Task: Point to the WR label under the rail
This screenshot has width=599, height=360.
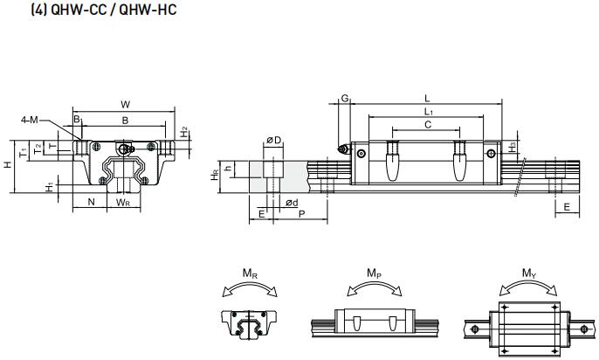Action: tap(124, 203)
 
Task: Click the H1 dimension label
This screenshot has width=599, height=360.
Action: tap(50, 186)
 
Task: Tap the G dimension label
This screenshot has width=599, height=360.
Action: tap(345, 100)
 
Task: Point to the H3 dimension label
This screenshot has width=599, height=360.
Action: tap(513, 146)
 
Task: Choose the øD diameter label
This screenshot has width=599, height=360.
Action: tap(273, 140)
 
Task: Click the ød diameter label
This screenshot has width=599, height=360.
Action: tap(292, 203)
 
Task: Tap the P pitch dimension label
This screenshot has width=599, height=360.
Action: tap(300, 213)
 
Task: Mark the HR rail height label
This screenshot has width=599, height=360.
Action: tap(216, 175)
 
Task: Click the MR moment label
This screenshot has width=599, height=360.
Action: tap(250, 273)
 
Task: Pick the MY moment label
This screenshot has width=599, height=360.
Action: tap(529, 273)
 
